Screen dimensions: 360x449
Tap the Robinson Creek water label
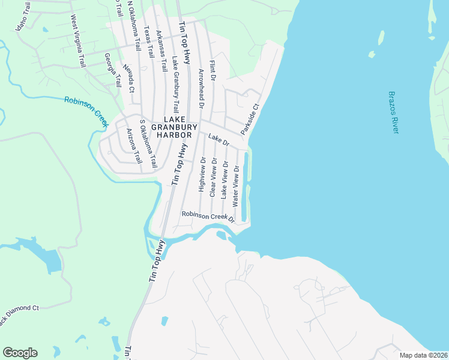pos(86,112)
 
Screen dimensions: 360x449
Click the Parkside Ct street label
pos(250,120)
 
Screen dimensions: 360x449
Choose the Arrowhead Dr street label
pos(202,88)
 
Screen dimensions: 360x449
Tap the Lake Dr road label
pos(219,140)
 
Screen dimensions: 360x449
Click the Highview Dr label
pos(202,175)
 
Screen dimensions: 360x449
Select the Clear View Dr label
pos(212,177)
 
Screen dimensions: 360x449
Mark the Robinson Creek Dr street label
pos(208,216)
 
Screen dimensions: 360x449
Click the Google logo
pos(20,352)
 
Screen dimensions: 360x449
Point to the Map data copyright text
pos(423,355)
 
